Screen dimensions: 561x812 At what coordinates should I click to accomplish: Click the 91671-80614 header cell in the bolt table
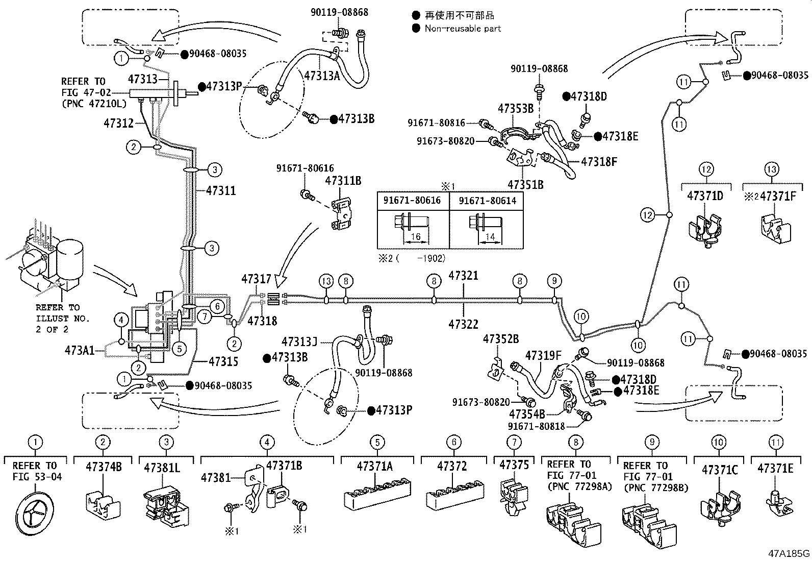tap(487, 201)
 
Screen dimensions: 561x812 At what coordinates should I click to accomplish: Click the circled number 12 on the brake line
tap(648, 215)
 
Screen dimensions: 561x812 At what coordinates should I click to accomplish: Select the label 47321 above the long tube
tap(463, 276)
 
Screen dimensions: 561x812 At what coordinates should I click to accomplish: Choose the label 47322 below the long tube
tap(463, 324)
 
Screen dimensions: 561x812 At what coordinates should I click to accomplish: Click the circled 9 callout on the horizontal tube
tap(554, 281)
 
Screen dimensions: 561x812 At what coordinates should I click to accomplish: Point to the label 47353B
tap(516, 108)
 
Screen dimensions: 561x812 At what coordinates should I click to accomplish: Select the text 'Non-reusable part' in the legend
tap(463, 29)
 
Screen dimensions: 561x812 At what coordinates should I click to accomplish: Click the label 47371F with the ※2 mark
tap(777, 196)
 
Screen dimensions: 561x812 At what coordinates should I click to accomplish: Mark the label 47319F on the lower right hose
tap(543, 355)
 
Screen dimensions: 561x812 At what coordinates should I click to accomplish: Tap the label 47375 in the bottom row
tap(514, 465)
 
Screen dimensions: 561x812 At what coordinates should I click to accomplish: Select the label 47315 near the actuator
tap(223, 361)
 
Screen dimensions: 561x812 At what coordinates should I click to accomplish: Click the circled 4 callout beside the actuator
tap(121, 321)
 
